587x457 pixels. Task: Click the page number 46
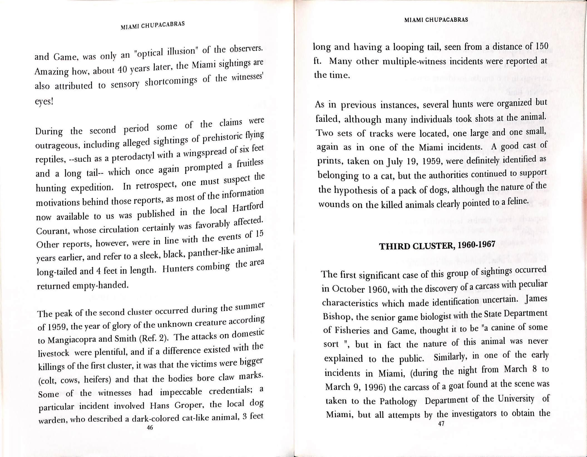(x=150, y=428)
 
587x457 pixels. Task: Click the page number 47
(x=441, y=424)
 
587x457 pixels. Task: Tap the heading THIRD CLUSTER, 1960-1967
(x=438, y=245)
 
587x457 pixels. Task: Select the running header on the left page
(x=153, y=26)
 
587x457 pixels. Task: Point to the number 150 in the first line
(x=542, y=45)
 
